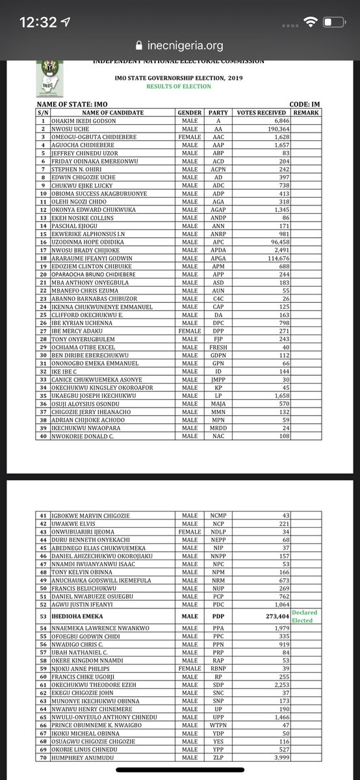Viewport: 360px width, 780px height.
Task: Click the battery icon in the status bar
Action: click(x=334, y=22)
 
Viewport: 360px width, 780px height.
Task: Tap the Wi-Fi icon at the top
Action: click(x=311, y=22)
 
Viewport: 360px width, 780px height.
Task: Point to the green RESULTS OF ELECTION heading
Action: click(x=179, y=86)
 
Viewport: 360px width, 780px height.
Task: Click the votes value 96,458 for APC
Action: click(x=274, y=240)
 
